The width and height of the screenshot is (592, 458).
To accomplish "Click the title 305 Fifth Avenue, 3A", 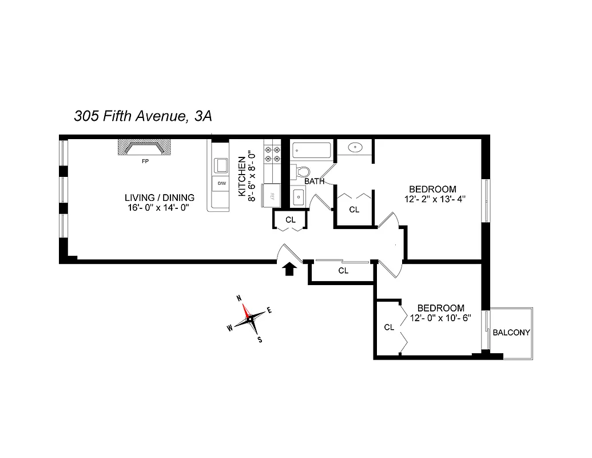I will [143, 116].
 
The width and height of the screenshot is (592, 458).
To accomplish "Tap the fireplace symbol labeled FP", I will [145, 148].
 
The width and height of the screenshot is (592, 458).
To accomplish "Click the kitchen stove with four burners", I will [272, 154].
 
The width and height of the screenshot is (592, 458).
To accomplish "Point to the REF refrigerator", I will [272, 195].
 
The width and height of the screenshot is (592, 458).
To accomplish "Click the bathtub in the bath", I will [311, 151].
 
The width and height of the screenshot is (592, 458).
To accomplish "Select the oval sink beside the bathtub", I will [355, 147].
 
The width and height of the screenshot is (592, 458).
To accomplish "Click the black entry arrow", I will [289, 269].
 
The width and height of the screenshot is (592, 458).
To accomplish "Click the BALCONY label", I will [511, 332].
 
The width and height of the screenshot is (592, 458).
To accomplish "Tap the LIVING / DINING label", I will [160, 198].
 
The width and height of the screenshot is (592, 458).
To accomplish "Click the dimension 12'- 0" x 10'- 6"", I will [440, 318].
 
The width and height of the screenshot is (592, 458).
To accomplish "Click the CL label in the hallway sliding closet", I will [343, 271].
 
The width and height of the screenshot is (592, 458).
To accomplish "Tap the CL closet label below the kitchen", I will [290, 220].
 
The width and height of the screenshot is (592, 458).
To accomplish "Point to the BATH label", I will [315, 181].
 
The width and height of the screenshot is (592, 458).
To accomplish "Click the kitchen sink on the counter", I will [220, 165].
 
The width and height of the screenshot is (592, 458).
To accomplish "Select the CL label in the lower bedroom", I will [389, 327].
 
